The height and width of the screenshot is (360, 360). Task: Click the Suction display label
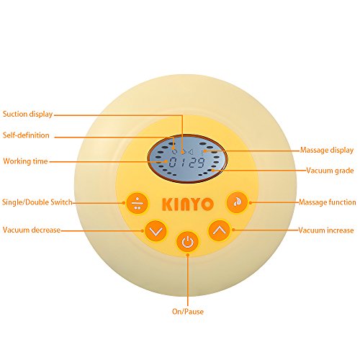(27, 114)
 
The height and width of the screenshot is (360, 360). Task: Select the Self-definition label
(26, 135)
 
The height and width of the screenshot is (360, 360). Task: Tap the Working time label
(25, 161)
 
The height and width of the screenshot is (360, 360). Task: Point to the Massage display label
(327, 150)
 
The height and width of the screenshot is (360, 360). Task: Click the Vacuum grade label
(330, 171)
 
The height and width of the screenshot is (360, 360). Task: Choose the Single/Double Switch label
(37, 202)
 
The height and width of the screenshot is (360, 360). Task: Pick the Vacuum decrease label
(32, 230)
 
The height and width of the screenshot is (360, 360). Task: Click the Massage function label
(328, 202)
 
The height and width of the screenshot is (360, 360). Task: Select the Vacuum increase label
(326, 230)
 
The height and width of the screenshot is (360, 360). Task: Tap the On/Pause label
(188, 312)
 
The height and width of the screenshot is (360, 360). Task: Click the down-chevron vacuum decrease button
(156, 231)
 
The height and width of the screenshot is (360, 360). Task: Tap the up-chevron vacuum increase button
(220, 230)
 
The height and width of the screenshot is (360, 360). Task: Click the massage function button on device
(238, 202)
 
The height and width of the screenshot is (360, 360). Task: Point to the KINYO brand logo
(188, 204)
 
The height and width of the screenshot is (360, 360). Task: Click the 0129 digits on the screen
(187, 163)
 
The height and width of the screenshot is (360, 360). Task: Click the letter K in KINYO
(167, 204)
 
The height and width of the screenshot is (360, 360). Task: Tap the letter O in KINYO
(207, 204)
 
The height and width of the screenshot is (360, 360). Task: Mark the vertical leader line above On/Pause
(188, 280)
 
